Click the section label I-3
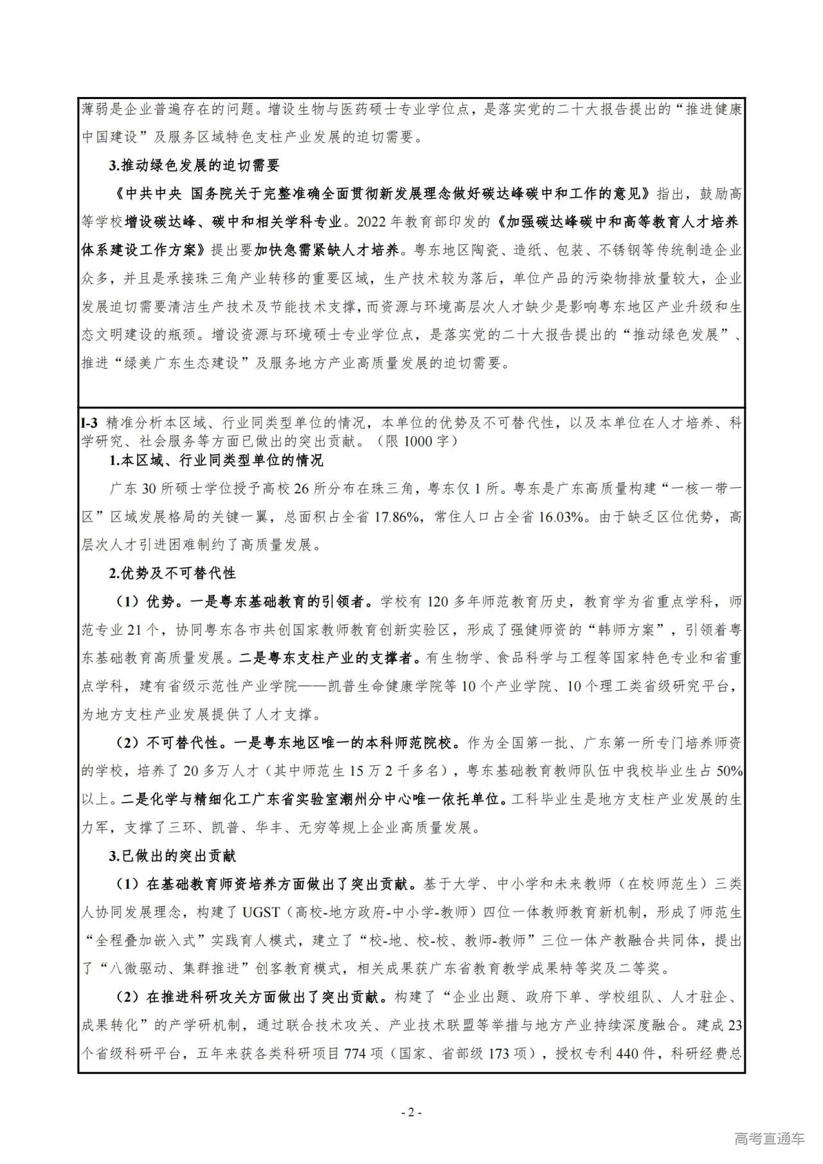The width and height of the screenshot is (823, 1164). (x=89, y=423)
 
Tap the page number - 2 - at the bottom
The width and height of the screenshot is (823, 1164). (x=411, y=1112)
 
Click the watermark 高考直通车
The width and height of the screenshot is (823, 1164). (x=769, y=1138)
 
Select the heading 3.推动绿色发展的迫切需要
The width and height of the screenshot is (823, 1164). (x=194, y=165)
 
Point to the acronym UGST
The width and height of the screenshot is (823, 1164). (x=261, y=912)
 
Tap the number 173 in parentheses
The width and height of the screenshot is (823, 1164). (x=511, y=1053)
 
